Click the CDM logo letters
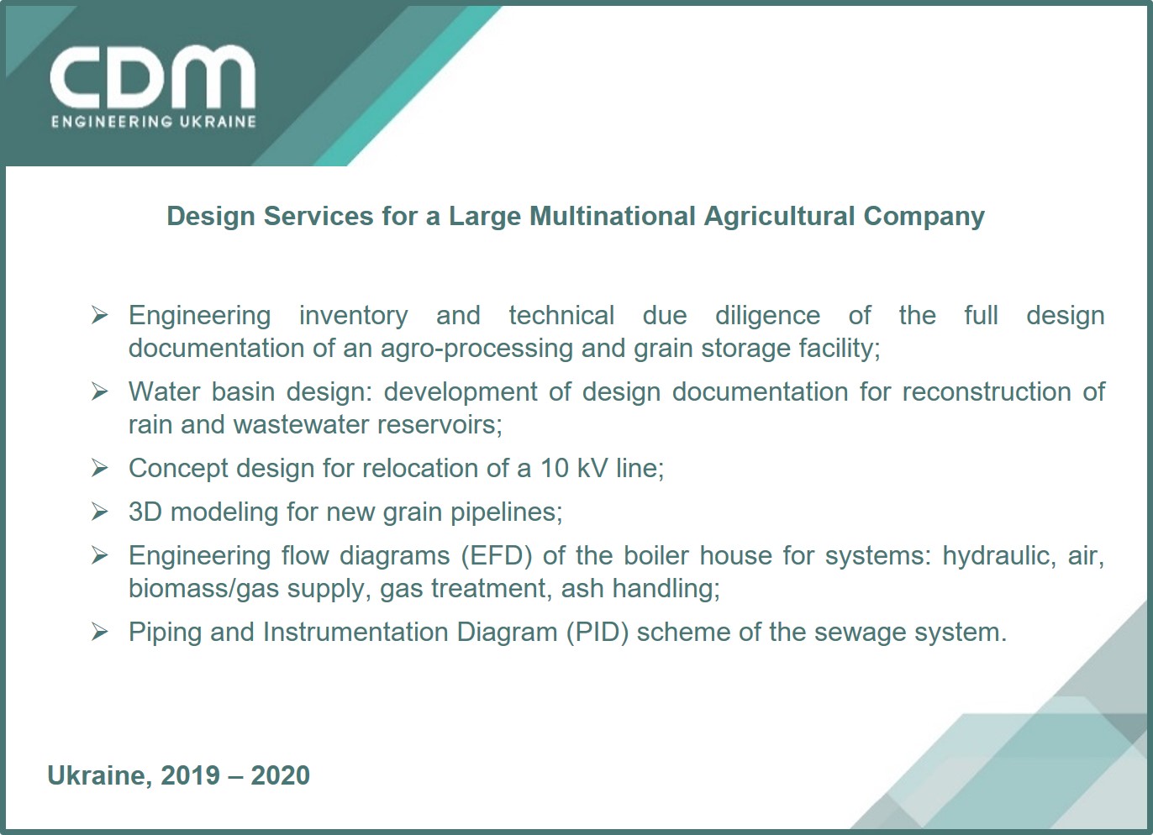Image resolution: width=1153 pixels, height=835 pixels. [153, 76]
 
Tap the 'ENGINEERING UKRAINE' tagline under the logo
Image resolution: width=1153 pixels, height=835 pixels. [154, 122]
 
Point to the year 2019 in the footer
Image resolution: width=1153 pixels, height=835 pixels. [191, 775]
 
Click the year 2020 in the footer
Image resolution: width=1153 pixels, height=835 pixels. [280, 775]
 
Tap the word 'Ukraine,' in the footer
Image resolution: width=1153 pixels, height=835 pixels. [100, 776]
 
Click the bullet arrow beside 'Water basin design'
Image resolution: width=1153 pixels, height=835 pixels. [99, 391]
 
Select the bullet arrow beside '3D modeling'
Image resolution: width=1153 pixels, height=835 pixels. [99, 512]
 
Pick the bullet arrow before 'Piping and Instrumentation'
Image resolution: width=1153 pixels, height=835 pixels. [99, 632]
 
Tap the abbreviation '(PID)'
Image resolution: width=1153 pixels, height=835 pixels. [597, 633]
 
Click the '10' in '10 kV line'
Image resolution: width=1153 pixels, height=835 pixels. [555, 469]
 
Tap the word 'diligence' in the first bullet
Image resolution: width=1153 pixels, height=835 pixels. [767, 316]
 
